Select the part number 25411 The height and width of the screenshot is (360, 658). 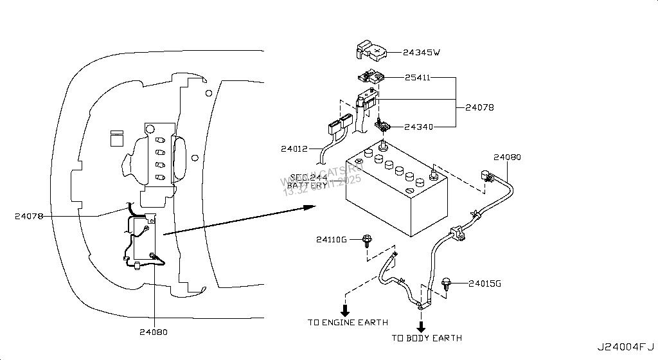pos(417,78)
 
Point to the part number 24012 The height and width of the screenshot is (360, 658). pos(294,149)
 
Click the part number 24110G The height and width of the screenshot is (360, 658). pos(331,240)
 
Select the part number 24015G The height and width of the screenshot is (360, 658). pos(485,283)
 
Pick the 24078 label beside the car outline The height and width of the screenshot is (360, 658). pos(29,217)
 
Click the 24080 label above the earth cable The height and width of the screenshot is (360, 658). pos(507,156)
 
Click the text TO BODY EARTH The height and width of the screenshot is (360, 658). pos(427,337)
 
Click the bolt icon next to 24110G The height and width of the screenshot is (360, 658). pos(366,241)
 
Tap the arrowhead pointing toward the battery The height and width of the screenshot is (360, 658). pos(308,207)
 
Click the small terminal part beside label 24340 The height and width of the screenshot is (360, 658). pos(382,125)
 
